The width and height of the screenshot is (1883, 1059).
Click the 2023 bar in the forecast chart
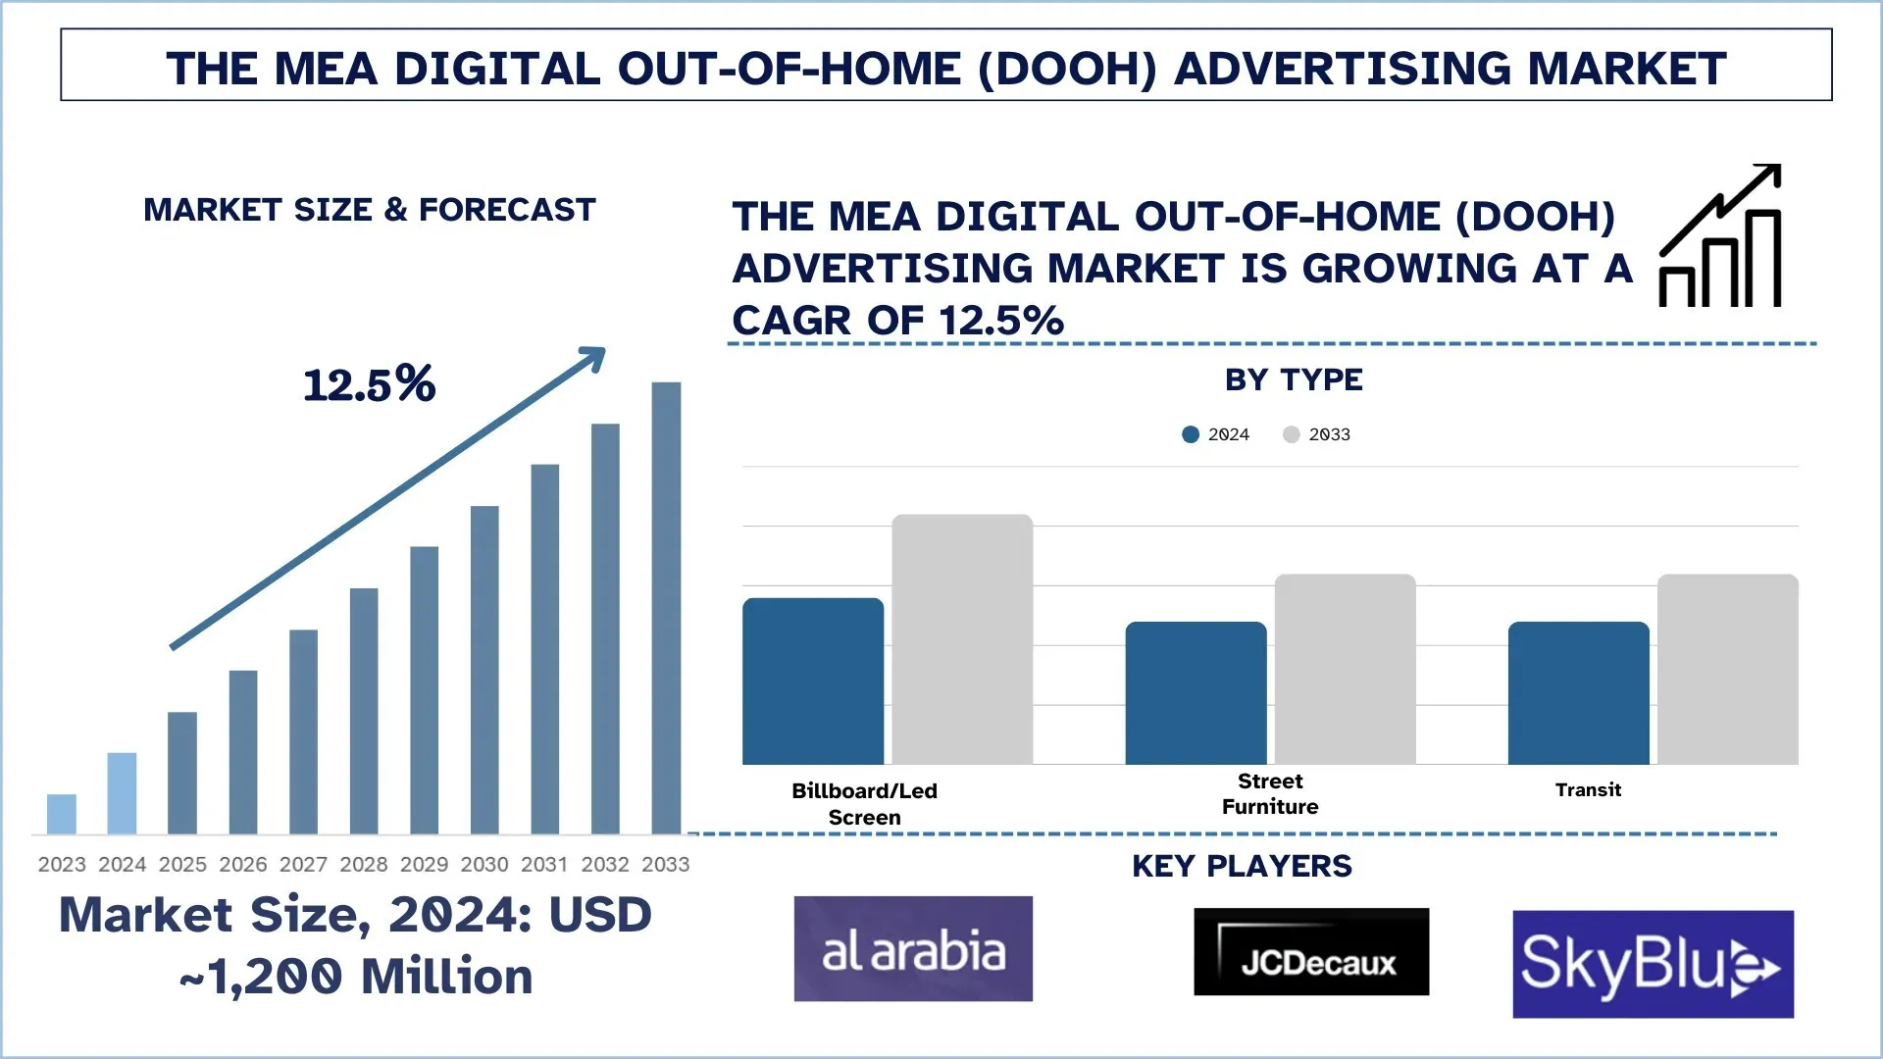[62, 814]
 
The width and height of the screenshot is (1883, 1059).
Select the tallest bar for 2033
[666, 608]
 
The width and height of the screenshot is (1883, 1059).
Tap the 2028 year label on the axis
[364, 864]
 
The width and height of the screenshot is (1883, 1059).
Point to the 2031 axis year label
[544, 864]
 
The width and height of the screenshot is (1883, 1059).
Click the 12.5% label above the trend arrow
[369, 384]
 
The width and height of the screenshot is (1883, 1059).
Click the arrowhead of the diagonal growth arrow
[593, 357]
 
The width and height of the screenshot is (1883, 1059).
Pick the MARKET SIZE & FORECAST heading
[370, 210]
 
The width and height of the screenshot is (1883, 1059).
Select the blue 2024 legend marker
[1191, 434]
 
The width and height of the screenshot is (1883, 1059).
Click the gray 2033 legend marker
[1292, 434]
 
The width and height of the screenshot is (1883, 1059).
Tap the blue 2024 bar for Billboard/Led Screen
[813, 681]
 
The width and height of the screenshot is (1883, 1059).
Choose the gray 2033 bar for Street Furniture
[1345, 670]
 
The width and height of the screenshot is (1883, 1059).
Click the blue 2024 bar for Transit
[1578, 693]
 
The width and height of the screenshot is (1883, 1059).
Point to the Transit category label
[1588, 790]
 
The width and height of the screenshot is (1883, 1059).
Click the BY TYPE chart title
[1294, 380]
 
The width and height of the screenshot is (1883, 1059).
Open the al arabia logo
[913, 949]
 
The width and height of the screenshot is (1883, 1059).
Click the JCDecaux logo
[1311, 952]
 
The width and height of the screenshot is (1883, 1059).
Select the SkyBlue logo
[1653, 964]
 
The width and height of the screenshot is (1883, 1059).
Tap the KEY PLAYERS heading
[1242, 867]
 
